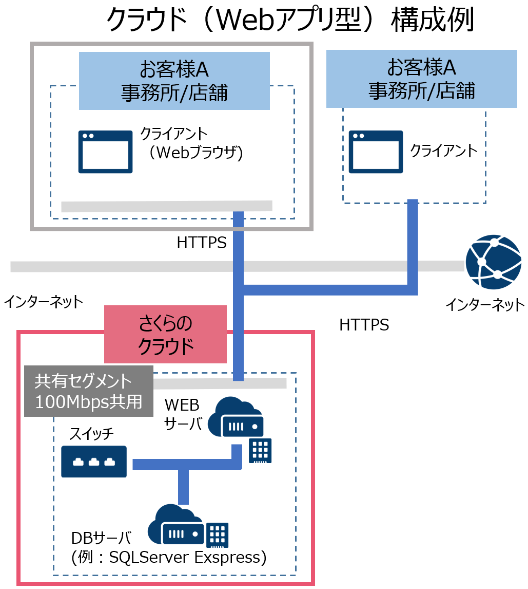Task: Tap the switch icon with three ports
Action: (x=94, y=462)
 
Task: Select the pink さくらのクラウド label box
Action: (x=165, y=334)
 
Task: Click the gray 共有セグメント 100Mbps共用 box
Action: (x=89, y=391)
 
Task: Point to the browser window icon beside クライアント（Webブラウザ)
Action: (x=105, y=152)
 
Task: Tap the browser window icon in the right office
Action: (x=376, y=152)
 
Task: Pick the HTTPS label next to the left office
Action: (x=201, y=243)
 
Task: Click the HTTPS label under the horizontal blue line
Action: (x=364, y=325)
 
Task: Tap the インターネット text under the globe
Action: (x=485, y=305)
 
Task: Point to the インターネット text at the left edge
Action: (x=43, y=302)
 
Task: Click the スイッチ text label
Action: (x=91, y=434)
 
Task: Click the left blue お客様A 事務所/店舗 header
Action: (x=174, y=81)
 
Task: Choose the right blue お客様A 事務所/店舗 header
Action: (x=421, y=79)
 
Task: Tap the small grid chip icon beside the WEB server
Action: (x=260, y=451)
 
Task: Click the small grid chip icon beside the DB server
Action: (x=217, y=535)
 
